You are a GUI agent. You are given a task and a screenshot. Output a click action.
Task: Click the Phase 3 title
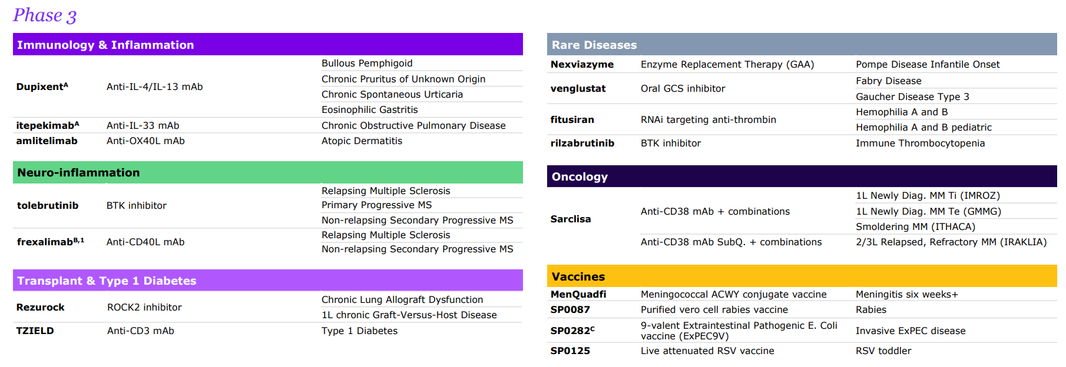pos(45,15)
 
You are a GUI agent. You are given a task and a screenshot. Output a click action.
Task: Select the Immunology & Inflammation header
pos(105,45)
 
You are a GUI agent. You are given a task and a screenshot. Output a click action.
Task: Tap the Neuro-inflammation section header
pos(78,172)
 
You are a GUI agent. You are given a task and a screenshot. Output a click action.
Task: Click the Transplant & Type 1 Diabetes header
pos(107,281)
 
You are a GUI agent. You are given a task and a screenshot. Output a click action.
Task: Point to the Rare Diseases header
pos(594,45)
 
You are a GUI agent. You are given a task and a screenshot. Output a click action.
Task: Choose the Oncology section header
pos(580,176)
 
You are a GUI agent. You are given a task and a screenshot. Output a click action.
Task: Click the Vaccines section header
pos(578,276)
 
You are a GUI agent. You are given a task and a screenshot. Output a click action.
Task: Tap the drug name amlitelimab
pos(47,141)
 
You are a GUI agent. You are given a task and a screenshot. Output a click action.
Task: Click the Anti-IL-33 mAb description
pos(143,125)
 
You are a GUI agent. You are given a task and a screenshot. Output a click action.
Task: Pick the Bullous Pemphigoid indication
pos(367,63)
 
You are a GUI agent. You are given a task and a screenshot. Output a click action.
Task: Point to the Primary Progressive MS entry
pos(377,205)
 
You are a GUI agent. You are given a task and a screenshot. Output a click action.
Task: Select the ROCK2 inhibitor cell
pos(144,307)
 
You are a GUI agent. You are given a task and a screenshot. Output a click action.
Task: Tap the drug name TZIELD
pos(35,331)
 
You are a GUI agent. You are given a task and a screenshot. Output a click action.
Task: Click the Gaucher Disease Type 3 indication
pos(912,96)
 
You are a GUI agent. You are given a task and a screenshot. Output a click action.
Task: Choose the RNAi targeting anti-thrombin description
pos(709,119)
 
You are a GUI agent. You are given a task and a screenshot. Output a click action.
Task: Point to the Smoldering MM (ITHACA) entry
pos(916,226)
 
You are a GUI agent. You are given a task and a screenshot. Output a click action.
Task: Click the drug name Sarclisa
pos(571,219)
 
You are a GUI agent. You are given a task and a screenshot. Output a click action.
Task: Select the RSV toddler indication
pos(883,351)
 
